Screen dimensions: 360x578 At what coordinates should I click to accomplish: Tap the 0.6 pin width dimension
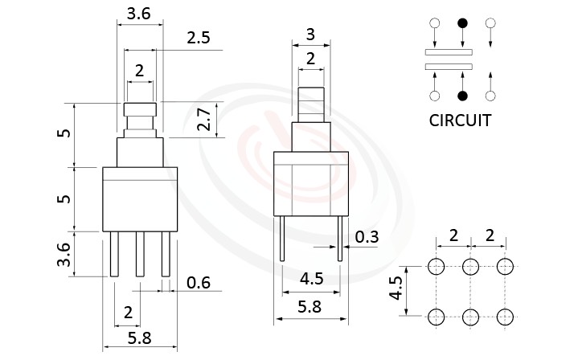[198, 282]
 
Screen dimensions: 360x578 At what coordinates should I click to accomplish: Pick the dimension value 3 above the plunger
[309, 35]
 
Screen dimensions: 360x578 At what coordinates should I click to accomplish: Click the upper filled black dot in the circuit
[462, 23]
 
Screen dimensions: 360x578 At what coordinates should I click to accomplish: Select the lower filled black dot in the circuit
[462, 97]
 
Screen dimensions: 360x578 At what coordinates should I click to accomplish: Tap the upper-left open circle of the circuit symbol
[435, 23]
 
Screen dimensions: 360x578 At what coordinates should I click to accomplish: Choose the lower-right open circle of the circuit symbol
[490, 97]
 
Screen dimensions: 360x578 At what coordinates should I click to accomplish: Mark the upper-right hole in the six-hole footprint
[505, 266]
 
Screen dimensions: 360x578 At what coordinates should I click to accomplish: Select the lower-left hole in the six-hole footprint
[437, 315]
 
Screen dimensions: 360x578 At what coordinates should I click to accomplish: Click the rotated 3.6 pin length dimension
[64, 255]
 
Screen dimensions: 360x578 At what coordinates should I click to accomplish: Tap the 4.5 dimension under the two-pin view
[311, 280]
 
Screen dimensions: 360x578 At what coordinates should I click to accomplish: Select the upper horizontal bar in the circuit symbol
[448, 52]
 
